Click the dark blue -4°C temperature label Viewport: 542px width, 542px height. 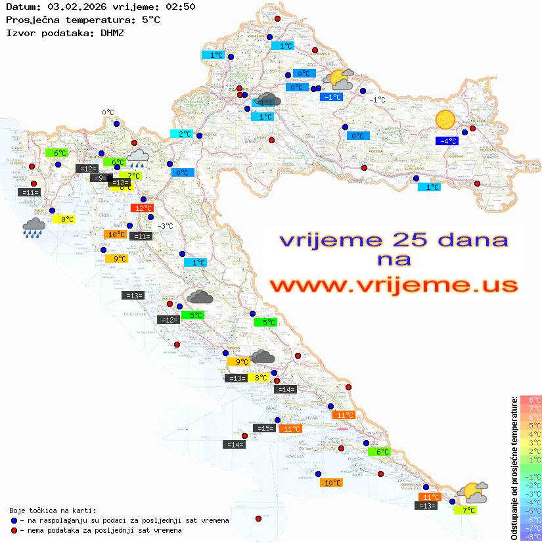tap(447, 141)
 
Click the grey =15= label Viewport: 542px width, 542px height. tap(264, 428)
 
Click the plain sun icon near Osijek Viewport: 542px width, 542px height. tap(445, 120)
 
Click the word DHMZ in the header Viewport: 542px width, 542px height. tap(115, 32)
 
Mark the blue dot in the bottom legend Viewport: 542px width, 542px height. tap(14, 520)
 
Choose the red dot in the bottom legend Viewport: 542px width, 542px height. tap(14, 530)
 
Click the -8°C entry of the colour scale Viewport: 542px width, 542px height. tap(530, 536)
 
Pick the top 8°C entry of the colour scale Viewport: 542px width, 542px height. tap(530, 399)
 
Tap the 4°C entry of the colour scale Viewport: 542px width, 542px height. tap(530, 434)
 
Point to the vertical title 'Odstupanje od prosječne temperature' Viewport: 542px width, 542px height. tap(514, 468)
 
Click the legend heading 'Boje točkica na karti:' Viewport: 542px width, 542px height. tap(53, 510)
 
